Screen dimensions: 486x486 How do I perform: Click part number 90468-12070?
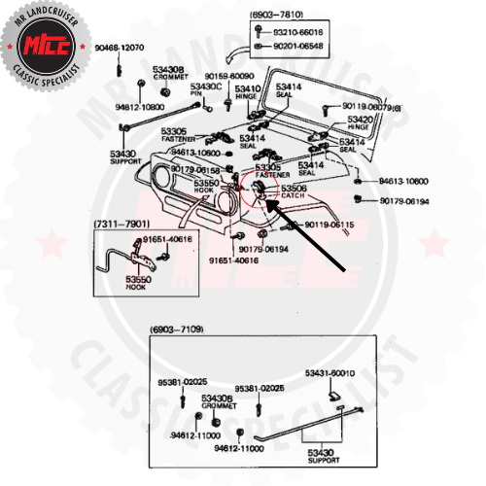[x=120, y=48]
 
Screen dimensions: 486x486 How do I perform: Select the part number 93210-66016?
[x=298, y=32]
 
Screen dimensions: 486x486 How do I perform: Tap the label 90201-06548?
[x=298, y=45]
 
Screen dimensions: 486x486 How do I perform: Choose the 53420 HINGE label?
[x=360, y=123]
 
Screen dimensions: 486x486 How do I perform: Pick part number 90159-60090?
[x=228, y=75]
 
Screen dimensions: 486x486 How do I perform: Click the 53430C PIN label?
[x=205, y=91]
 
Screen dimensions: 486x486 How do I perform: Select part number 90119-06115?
[x=329, y=225]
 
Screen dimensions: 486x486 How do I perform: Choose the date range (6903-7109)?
[x=177, y=330]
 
